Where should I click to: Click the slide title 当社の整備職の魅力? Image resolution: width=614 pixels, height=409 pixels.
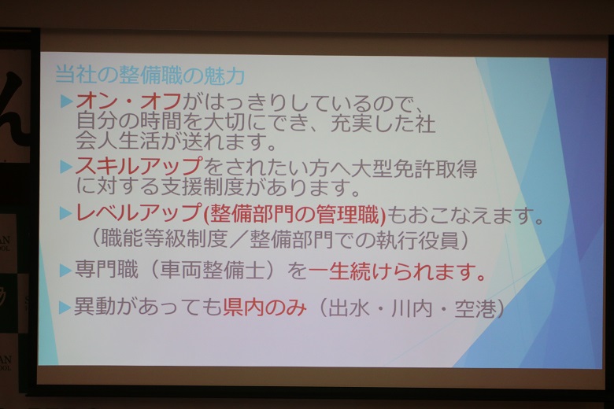click(x=150, y=76)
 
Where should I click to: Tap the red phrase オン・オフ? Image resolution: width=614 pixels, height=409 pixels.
click(x=129, y=102)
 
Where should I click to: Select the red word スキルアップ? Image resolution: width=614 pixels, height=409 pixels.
click(x=139, y=166)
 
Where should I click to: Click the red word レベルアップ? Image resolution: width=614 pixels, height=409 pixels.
click(x=139, y=214)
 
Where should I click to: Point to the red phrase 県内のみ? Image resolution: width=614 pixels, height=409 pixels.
click(x=264, y=308)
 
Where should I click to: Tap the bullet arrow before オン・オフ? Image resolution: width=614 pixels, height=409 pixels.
click(x=66, y=101)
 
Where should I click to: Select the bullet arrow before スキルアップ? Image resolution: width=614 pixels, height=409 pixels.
click(x=66, y=167)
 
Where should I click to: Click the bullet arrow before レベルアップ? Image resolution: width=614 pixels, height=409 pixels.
click(x=65, y=213)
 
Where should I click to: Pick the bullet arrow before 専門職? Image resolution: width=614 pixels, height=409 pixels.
click(x=65, y=271)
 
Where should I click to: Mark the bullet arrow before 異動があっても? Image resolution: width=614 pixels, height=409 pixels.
click(x=65, y=308)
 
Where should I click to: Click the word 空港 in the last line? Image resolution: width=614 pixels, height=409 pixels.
click(x=475, y=309)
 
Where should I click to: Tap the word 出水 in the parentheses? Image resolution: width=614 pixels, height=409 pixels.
click(x=349, y=308)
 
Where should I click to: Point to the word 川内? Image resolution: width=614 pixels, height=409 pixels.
click(x=412, y=308)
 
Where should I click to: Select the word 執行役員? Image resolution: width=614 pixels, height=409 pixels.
click(x=418, y=240)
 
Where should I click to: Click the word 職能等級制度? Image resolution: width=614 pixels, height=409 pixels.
click(x=165, y=238)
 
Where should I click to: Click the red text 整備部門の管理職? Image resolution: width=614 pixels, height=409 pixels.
click(x=294, y=214)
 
